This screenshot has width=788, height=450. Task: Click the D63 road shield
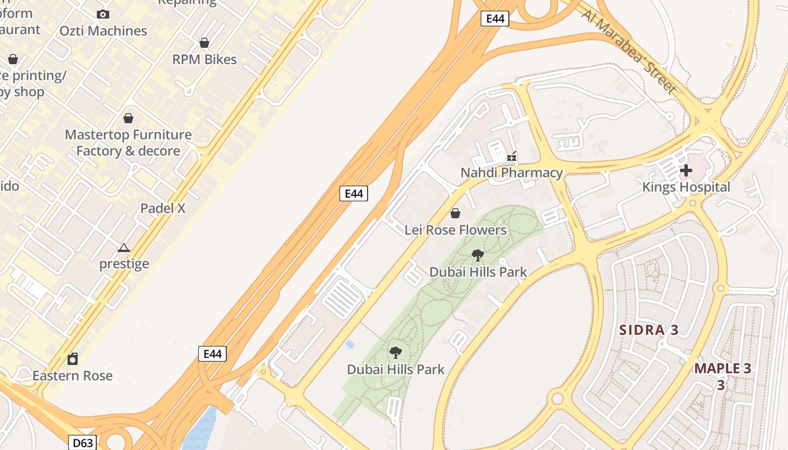[83, 443]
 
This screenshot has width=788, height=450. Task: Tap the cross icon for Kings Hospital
[686, 170]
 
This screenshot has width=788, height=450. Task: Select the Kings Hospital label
[686, 187]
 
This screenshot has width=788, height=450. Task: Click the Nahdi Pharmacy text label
[512, 173]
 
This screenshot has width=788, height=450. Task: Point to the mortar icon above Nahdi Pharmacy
[512, 156]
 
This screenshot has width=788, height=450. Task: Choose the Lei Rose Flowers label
[455, 229]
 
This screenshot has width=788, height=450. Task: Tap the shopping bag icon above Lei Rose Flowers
[455, 213]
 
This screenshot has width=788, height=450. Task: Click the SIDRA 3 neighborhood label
[649, 330]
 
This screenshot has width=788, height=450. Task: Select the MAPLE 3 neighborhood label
[722, 369]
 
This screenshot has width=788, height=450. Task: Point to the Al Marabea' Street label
[629, 51]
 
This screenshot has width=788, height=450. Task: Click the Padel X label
[163, 208]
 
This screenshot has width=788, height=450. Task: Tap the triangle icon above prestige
[124, 247]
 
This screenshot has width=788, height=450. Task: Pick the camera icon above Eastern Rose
[73, 359]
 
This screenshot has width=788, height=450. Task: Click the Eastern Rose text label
[73, 375]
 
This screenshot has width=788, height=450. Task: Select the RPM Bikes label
[204, 59]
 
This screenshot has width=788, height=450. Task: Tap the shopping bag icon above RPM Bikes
[204, 43]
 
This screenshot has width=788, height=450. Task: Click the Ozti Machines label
[104, 31]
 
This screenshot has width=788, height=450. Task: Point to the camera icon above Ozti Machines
[103, 14]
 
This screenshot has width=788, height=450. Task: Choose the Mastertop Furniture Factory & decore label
[128, 143]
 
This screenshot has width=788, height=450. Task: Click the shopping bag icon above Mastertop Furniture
[128, 118]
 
